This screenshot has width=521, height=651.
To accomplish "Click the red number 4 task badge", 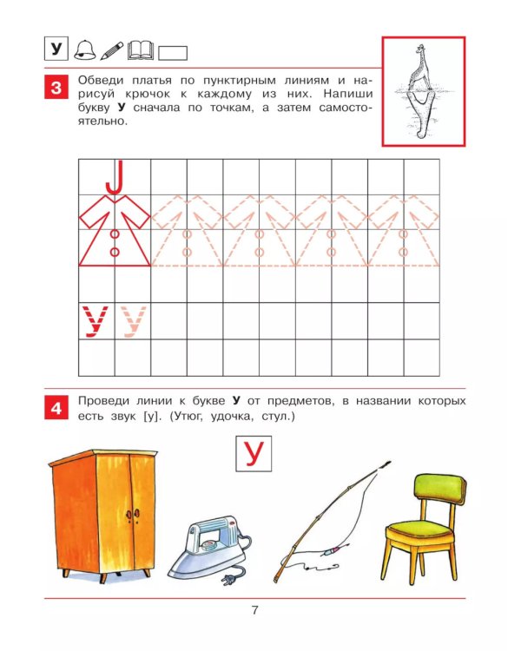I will (x=56, y=408).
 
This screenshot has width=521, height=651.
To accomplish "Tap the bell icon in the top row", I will (x=84, y=50).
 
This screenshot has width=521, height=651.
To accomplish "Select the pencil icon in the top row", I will (x=111, y=50).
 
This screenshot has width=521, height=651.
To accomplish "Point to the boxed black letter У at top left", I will (x=56, y=49).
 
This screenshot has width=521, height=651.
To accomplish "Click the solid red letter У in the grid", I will (x=95, y=321).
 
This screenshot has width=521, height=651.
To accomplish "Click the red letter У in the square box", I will (x=253, y=454).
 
